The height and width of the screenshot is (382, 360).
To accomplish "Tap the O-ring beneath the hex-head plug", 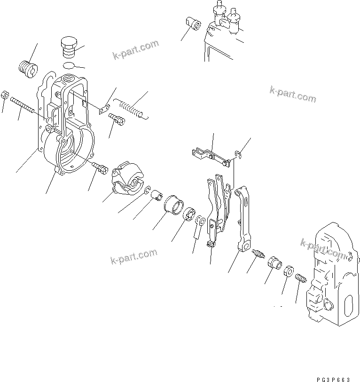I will click(x=68, y=64).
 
